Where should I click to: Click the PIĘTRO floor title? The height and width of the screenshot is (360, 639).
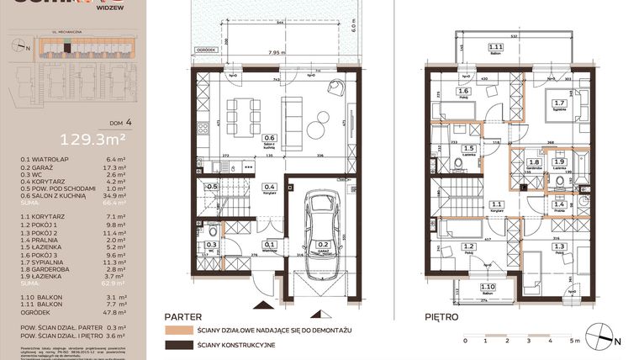pyautogui.click(x=442, y=317)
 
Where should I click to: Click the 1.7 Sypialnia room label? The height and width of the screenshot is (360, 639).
pyautogui.click(x=558, y=106)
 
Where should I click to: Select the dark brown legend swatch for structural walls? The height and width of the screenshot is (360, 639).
pyautogui.click(x=175, y=346)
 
